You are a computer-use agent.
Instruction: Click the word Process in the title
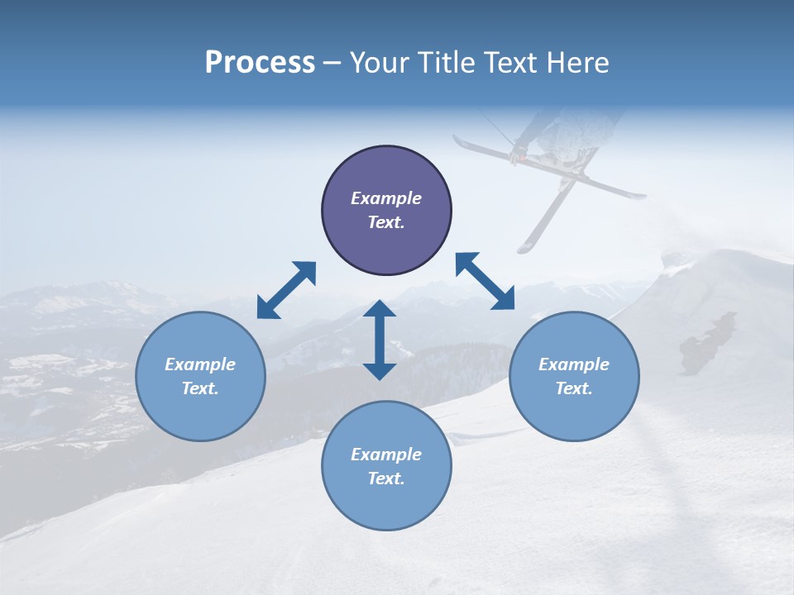click(x=260, y=63)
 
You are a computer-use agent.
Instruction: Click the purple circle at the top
click(x=386, y=211)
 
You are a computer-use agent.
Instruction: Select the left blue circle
click(x=200, y=376)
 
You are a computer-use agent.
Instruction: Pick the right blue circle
click(x=574, y=376)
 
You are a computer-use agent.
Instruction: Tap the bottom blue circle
click(x=386, y=465)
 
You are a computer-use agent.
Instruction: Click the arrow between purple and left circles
click(x=286, y=290)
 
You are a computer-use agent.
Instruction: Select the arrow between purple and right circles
click(x=485, y=281)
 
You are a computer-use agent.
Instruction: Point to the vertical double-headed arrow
click(x=380, y=340)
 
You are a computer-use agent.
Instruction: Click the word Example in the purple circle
click(x=386, y=198)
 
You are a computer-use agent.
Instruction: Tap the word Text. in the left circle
click(x=200, y=388)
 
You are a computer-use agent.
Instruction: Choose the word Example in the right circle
click(x=574, y=364)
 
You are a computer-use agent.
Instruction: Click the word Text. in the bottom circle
click(x=386, y=478)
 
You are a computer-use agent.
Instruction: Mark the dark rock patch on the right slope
click(x=706, y=342)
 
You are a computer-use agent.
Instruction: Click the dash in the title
click(x=332, y=63)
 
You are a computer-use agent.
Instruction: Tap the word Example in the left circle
click(x=200, y=364)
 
